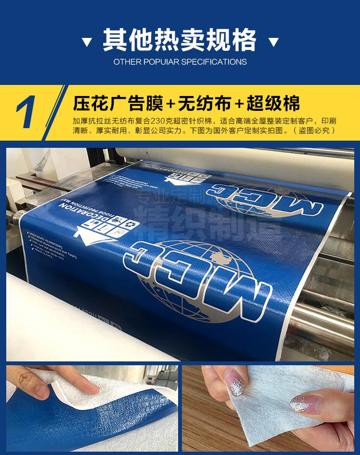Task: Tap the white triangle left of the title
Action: pyautogui.click(x=86, y=43)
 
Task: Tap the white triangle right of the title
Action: pyautogui.click(x=274, y=43)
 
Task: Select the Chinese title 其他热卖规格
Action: pyautogui.click(x=180, y=39)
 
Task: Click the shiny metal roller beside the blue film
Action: pyautogui.click(x=331, y=317)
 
